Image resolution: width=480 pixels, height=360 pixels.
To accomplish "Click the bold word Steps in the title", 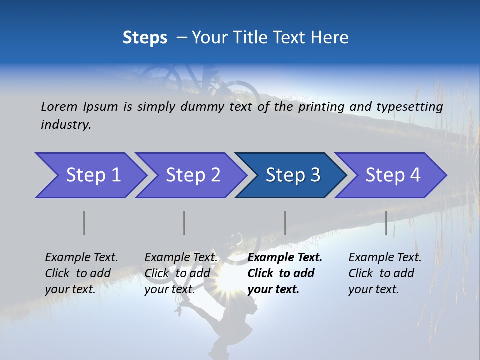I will tap(145, 38).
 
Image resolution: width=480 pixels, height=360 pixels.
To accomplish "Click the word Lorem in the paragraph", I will tap(59, 106).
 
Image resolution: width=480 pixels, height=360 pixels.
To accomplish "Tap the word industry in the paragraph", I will tap(66, 125).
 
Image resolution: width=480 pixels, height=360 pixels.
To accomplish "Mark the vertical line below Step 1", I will tap(84, 223).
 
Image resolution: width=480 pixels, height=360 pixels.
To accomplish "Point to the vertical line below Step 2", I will tap(184, 223).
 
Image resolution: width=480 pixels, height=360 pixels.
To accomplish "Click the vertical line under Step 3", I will tap(285, 223).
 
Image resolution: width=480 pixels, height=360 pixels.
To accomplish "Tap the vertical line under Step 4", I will tap(386, 223).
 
